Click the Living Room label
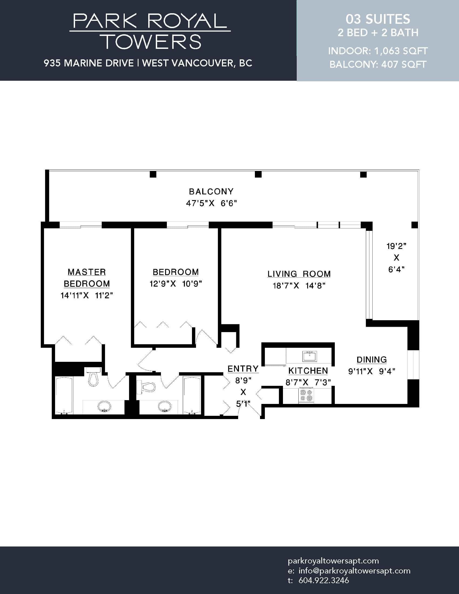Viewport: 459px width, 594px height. [x=299, y=274]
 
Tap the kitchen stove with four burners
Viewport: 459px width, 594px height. [x=306, y=395]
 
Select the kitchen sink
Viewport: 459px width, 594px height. [x=309, y=356]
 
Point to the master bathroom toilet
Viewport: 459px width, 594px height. [x=93, y=377]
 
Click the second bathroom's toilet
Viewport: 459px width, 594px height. [x=146, y=386]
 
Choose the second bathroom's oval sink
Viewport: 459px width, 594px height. [x=164, y=407]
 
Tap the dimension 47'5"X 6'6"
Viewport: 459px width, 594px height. [x=211, y=203]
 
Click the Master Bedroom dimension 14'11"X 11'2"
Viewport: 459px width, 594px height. [x=86, y=295]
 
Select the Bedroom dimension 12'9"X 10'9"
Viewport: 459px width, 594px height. [x=176, y=284]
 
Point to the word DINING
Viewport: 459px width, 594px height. [x=372, y=360]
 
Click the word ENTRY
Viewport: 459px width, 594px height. [x=243, y=369]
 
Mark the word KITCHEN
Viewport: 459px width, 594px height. [x=308, y=371]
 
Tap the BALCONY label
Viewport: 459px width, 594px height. [x=211, y=191]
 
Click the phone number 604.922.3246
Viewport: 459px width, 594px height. [x=323, y=580]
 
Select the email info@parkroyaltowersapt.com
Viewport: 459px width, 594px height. [x=355, y=571]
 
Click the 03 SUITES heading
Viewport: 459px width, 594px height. [x=378, y=19]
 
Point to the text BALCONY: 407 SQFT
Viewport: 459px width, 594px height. [x=378, y=65]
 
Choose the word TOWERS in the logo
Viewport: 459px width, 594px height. [x=152, y=42]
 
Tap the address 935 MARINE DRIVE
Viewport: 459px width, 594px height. [x=89, y=63]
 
